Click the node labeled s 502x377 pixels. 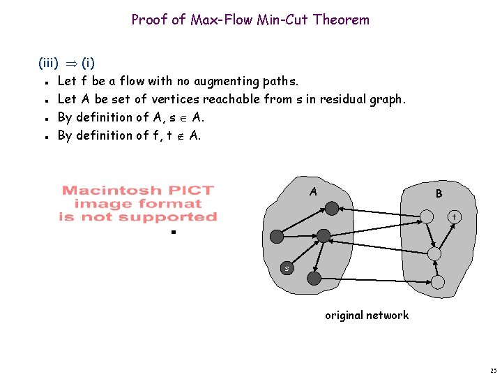tap(287, 268)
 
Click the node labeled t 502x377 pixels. tap(455, 217)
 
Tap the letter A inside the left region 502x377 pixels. tap(314, 192)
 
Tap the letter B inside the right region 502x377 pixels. tap(439, 193)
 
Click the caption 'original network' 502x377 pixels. tap(367, 315)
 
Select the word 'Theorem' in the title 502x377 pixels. tap(341, 20)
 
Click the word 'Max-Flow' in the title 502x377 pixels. tap(222, 20)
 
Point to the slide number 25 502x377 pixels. tap(494, 371)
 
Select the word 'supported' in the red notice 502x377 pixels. tap(168, 217)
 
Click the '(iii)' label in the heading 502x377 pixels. tap(48, 63)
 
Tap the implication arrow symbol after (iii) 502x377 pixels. tap(72, 64)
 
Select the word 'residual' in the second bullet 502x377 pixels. tap(343, 99)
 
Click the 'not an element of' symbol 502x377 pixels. tap(181, 137)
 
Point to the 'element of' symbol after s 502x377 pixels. tap(183, 118)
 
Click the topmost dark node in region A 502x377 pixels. tap(332, 208)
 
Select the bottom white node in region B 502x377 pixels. tap(438, 282)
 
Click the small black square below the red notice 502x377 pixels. tap(174, 232)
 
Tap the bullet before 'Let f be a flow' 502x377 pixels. tap(47, 82)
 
